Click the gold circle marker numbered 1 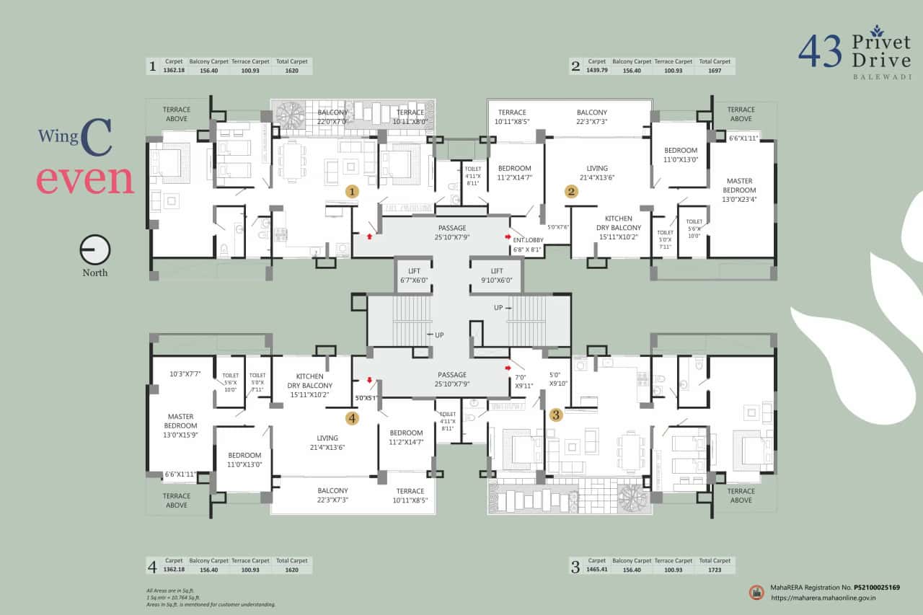(x=352, y=192)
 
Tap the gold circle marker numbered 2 (x=571, y=192)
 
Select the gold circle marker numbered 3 (x=556, y=415)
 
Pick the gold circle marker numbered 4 (x=352, y=417)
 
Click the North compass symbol (x=94, y=250)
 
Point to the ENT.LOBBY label (x=528, y=239)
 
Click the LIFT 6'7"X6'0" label (x=414, y=275)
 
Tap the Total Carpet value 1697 (x=715, y=71)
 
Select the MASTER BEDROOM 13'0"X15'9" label (x=181, y=425)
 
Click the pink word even (x=85, y=180)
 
